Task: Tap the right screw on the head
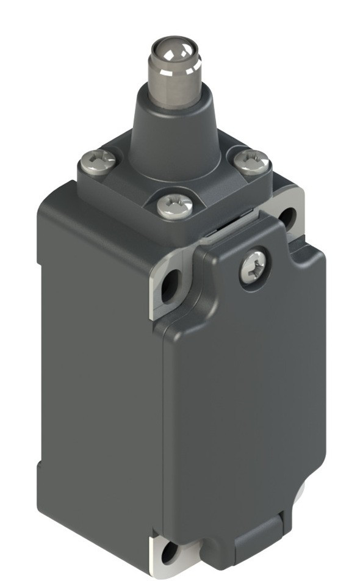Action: click(x=252, y=162)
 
